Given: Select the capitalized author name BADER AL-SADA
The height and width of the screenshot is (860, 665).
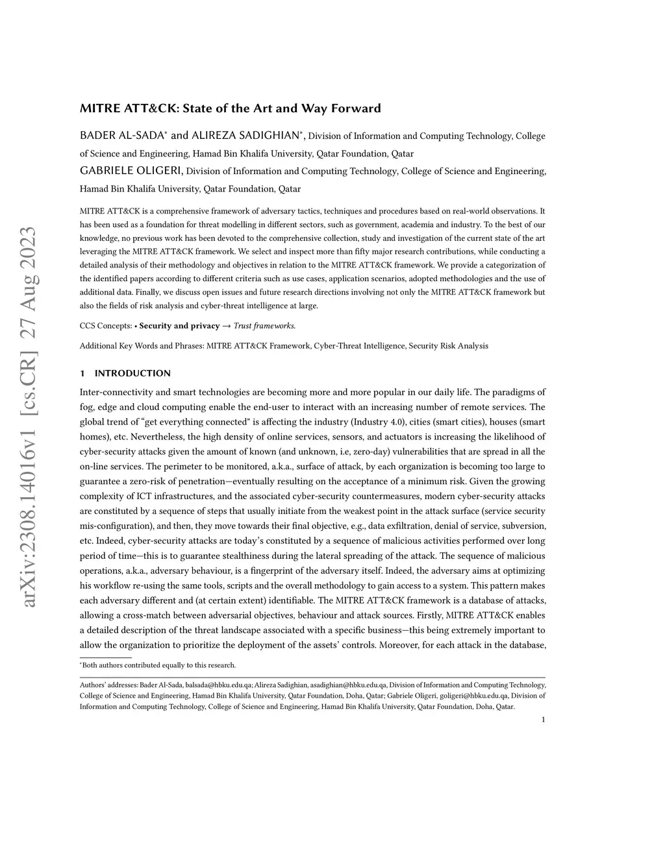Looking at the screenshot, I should click(x=122, y=136).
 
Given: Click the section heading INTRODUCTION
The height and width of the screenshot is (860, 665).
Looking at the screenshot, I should click(x=132, y=373).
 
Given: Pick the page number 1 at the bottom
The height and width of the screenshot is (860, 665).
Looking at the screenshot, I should click(x=543, y=719).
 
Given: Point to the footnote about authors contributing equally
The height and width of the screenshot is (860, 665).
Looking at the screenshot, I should click(x=158, y=665).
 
